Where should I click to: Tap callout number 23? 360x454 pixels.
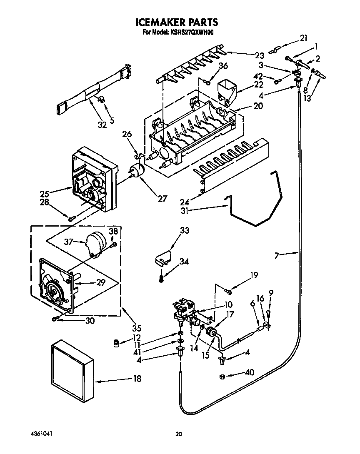click(x=259, y=55)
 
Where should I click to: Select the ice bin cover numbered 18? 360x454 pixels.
click(x=73, y=369)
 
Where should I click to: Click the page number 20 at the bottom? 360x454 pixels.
click(x=178, y=434)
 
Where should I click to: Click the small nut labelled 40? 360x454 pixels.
click(x=222, y=377)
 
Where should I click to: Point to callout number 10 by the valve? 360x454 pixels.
click(x=228, y=304)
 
